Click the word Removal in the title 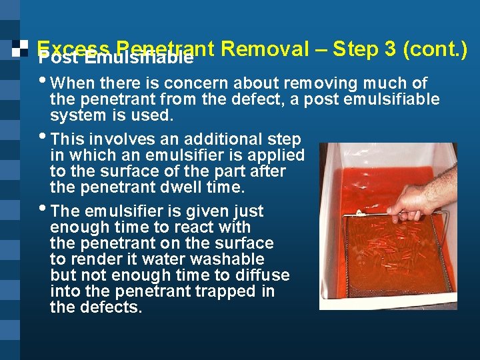[264, 49]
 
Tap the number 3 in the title [391, 49]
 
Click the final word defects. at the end [114, 307]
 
